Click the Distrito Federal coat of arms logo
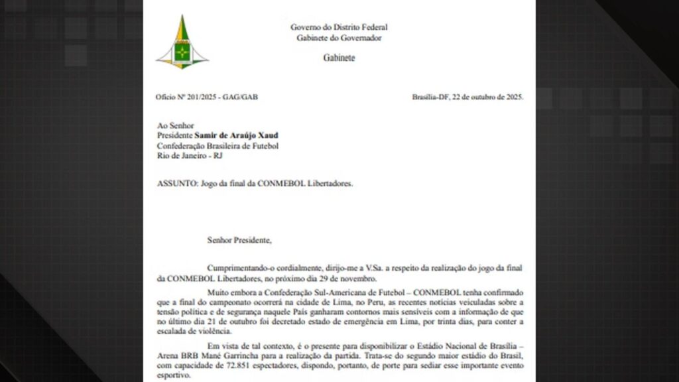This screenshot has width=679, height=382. point(182,43)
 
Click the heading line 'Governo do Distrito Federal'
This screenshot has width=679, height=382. point(339,27)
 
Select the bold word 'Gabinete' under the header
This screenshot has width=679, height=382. point(339,58)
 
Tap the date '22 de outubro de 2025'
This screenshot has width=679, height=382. point(487,97)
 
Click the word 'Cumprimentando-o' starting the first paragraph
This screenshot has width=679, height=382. point(239,267)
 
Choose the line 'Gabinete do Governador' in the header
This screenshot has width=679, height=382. point(339,38)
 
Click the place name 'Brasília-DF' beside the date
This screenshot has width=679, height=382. point(430,97)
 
